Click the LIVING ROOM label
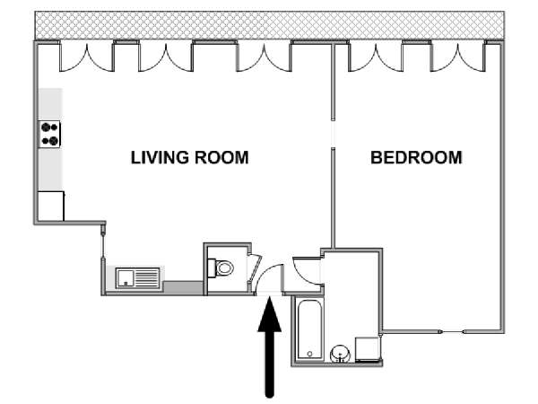pos(190,158)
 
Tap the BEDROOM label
pos(416,158)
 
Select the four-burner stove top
pos(49,135)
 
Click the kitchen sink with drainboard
pos(138,278)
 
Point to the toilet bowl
pos(221,268)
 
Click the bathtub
pos(309,329)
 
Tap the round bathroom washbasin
pos(340,354)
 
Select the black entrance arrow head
pos(270,315)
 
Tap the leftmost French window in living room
pos(86,57)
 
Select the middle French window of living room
pos(166,57)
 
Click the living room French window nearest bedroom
pos(264,57)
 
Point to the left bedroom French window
pos(376,57)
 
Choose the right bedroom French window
pos(457,57)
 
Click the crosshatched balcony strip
pos(270,25)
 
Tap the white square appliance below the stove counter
pos(51,206)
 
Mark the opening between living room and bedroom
pos(333,134)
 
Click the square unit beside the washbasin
pos(368,348)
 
